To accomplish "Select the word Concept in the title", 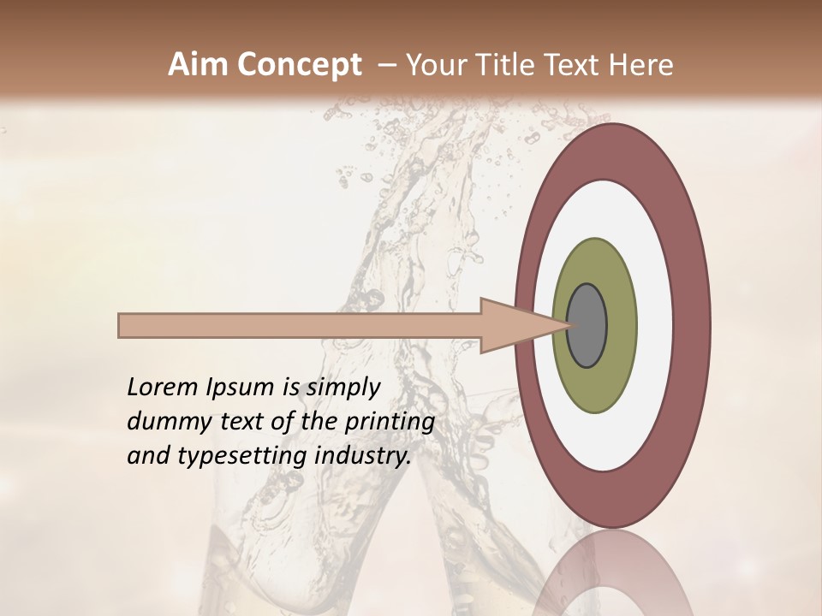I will click(x=300, y=66).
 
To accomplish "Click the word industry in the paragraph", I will click(x=362, y=456).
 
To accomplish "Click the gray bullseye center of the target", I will click(x=587, y=326).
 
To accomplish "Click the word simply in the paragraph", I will click(x=342, y=388).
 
